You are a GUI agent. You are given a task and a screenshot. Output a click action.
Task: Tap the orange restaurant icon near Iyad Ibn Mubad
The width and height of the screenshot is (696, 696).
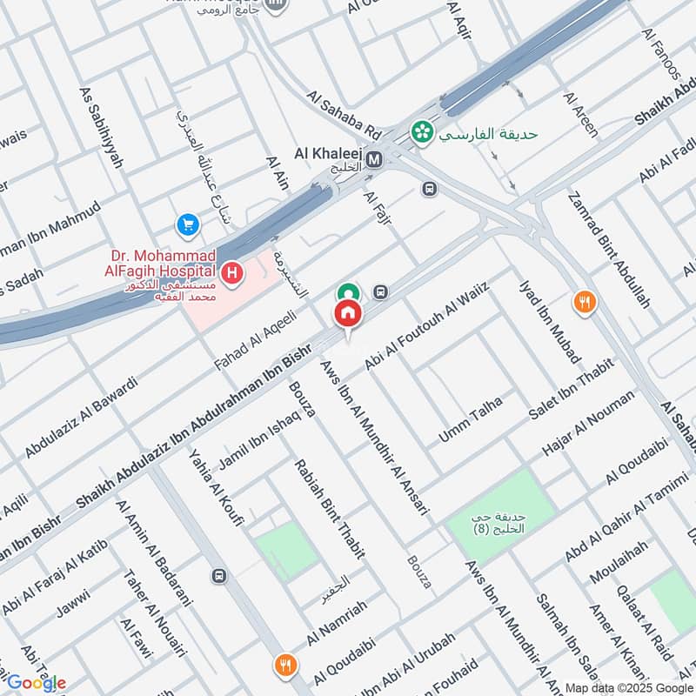tap(585, 303)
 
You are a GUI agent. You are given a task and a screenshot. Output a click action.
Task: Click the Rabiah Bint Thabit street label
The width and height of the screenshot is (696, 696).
tap(330, 508)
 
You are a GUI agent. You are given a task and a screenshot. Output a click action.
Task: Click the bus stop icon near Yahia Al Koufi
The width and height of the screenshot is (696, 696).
tap(219, 575)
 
